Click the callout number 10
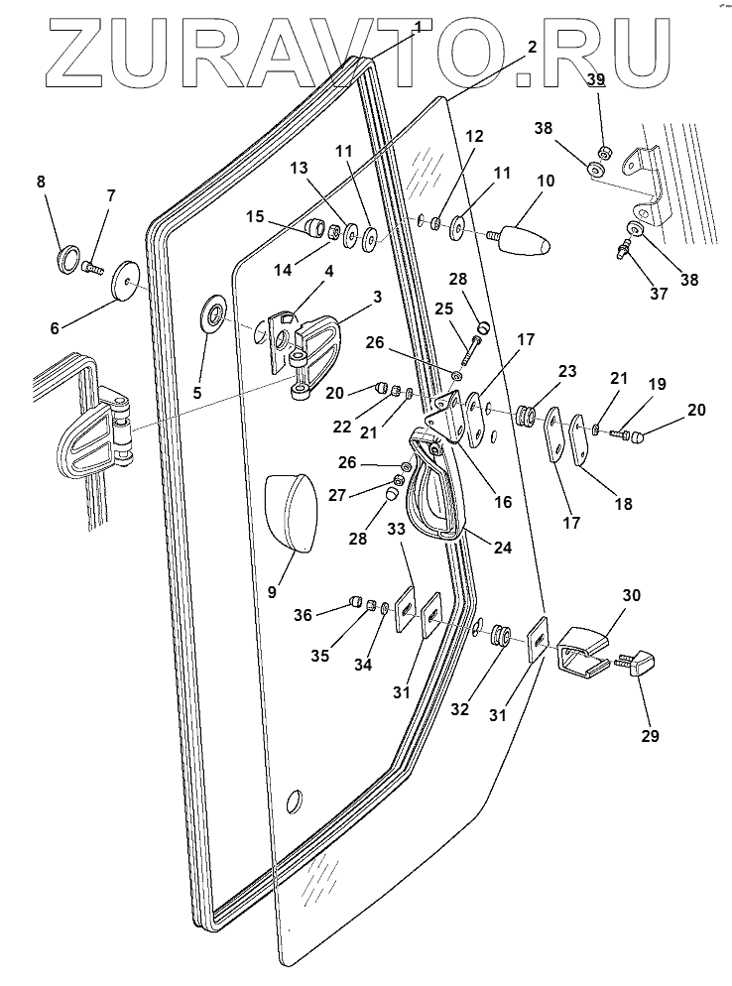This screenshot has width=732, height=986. tap(546, 182)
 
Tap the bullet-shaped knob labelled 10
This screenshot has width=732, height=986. tap(523, 239)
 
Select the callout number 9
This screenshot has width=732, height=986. tap(272, 592)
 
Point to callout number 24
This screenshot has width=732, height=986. tap(503, 548)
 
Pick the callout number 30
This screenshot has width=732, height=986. tap(632, 595)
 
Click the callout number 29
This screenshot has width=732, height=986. tap(650, 735)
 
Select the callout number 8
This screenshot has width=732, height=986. tap(41, 182)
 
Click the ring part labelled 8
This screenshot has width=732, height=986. tap(67, 260)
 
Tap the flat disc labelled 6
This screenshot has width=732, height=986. tap(126, 281)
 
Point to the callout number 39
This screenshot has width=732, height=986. tap(596, 79)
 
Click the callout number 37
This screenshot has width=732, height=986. tap(659, 293)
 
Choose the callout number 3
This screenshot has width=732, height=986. tap(377, 297)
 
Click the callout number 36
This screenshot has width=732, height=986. tap(303, 614)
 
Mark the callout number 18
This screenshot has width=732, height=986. tap(623, 503)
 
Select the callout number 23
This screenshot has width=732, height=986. tap(566, 371)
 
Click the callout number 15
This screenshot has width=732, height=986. tap(255, 217)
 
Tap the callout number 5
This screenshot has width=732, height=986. tap(196, 393)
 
